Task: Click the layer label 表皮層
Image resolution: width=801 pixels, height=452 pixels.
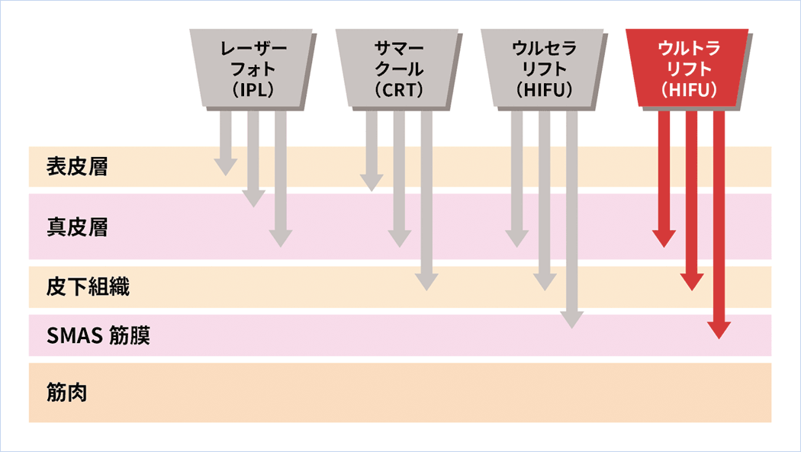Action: pyautogui.click(x=77, y=167)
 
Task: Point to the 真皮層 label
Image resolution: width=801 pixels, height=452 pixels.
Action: pyautogui.click(x=77, y=227)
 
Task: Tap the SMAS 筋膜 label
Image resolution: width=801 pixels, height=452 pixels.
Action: pyautogui.click(x=98, y=335)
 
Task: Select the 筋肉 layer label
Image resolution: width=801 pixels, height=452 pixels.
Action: pyautogui.click(x=66, y=394)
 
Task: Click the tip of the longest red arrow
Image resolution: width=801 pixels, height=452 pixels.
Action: pyautogui.click(x=719, y=332)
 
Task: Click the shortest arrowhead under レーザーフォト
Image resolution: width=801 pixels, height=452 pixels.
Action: pyautogui.click(x=226, y=168)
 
